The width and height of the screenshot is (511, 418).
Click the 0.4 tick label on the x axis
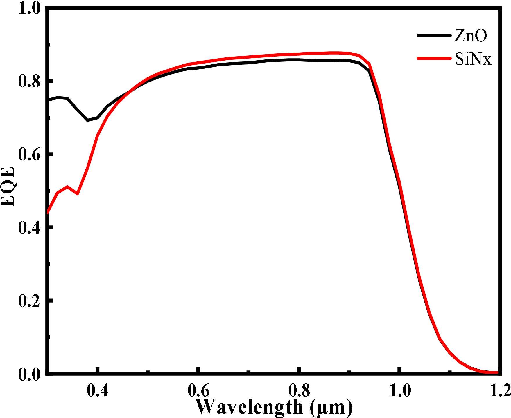(x=98, y=391)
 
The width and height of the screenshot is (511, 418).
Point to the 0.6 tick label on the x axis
(x=198, y=391)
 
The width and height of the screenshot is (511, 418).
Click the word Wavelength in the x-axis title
(x=249, y=407)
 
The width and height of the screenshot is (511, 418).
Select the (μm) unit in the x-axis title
(x=331, y=408)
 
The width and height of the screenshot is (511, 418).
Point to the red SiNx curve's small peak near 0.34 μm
(x=67, y=187)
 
